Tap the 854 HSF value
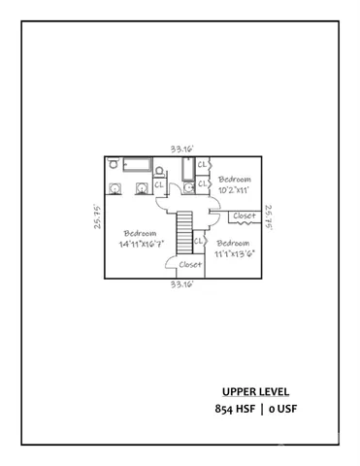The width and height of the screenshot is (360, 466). (x=239, y=410)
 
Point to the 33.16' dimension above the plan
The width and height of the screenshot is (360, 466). (x=182, y=149)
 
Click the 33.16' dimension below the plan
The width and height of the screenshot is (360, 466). (x=182, y=286)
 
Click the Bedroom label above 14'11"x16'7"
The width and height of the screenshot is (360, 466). (x=141, y=233)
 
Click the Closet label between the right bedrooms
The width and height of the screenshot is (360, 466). (x=243, y=216)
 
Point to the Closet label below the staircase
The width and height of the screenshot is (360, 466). (x=189, y=263)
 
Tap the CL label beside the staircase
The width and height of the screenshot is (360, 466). (x=199, y=241)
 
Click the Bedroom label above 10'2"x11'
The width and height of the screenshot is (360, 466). (x=234, y=181)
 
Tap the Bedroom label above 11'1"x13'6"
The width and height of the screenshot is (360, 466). (x=234, y=243)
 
